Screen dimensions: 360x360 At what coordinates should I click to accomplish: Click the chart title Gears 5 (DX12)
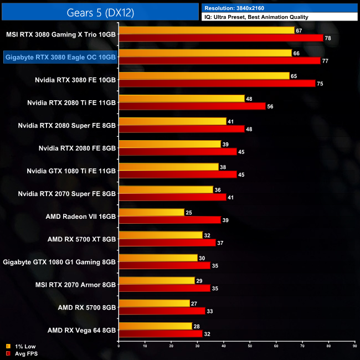pos(100,11)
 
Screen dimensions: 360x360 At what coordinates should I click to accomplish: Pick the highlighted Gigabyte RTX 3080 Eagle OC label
pos(60,56)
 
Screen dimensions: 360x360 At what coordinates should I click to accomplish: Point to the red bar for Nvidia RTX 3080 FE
pos(217,84)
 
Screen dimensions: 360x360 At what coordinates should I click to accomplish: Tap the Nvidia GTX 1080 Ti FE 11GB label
pos(71,171)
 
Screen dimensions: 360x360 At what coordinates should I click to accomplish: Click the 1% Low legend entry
pos(22,347)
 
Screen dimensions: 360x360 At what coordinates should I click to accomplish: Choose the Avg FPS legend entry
pos(23,353)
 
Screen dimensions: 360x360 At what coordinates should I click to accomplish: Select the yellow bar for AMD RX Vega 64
pos(155,326)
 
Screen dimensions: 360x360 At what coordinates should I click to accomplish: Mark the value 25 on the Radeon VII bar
pos(189,212)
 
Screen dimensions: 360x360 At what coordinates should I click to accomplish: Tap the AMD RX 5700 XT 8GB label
pos(82,239)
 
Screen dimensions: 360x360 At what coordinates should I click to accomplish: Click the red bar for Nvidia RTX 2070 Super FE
pos(172,197)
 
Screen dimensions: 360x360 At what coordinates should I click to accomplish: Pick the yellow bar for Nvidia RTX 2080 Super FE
pos(172,121)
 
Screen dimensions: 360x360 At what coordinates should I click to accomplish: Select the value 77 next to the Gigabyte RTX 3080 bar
pos(325,61)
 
